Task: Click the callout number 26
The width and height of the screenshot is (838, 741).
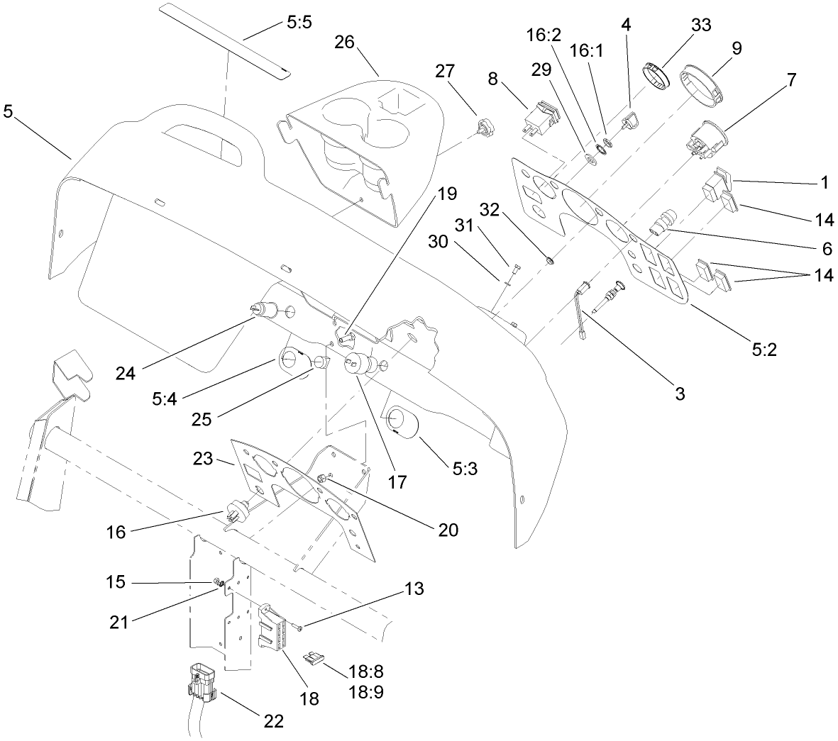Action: pos(345,42)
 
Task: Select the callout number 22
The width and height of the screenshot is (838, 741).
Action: pos(273,720)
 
